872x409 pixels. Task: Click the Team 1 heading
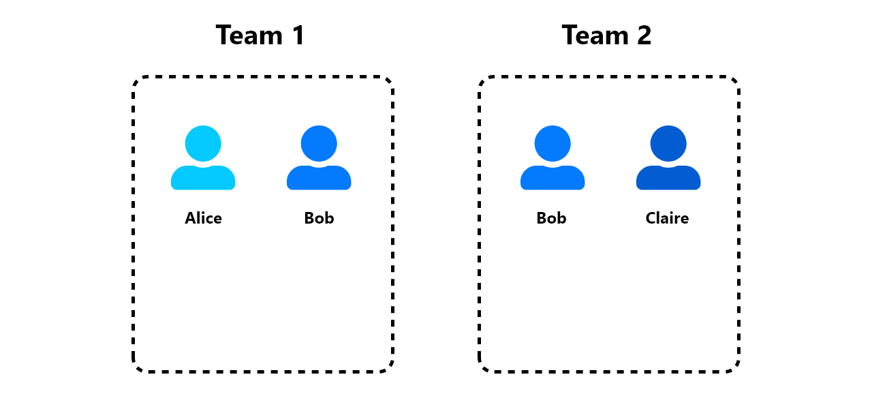tap(260, 35)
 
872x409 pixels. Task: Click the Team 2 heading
tap(606, 35)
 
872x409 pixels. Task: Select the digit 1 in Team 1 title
tap(298, 35)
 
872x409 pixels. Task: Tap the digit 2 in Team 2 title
tap(644, 35)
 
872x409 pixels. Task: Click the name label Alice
tap(203, 218)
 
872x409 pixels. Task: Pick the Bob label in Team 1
tap(319, 218)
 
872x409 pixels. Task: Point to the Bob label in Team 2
tap(551, 218)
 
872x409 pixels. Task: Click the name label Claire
tap(667, 218)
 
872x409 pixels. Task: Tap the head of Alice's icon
tap(203, 143)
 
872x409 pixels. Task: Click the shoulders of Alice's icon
tap(203, 178)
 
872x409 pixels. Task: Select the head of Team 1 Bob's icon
tap(319, 143)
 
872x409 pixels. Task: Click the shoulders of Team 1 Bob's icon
tap(319, 178)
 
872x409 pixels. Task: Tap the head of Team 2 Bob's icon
tap(552, 143)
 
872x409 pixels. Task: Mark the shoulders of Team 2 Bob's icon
tap(552, 178)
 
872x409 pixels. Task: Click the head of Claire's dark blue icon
tap(668, 143)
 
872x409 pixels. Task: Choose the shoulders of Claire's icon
tap(668, 178)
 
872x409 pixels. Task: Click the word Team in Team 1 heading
tap(249, 35)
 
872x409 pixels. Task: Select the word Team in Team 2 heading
tap(595, 35)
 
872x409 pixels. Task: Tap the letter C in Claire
tap(651, 218)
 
